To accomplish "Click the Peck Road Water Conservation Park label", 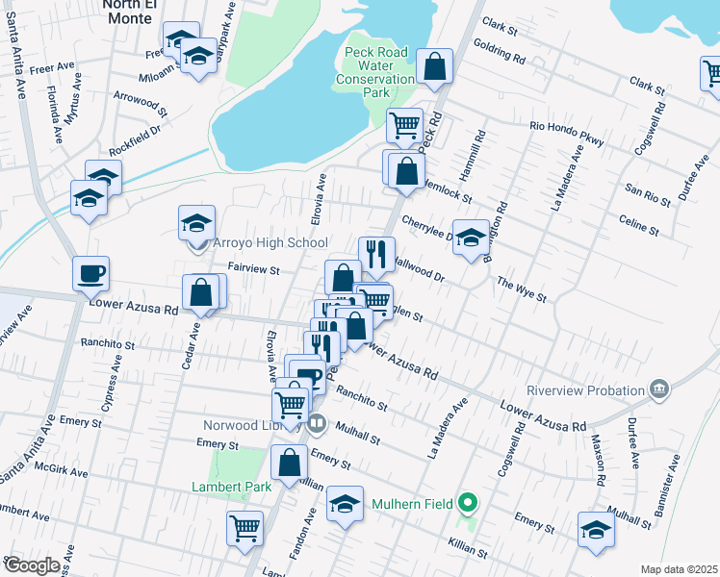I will pos(376,72).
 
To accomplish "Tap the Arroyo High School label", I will pos(270,243).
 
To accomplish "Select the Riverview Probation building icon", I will pos(659,389).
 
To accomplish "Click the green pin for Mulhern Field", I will pos(468,501).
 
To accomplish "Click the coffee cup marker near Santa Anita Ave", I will pos(90,273).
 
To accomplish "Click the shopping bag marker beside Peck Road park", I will pos(435,67).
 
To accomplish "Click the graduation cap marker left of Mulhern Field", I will pos(345,503).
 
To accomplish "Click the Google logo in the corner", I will pos(32,564).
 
